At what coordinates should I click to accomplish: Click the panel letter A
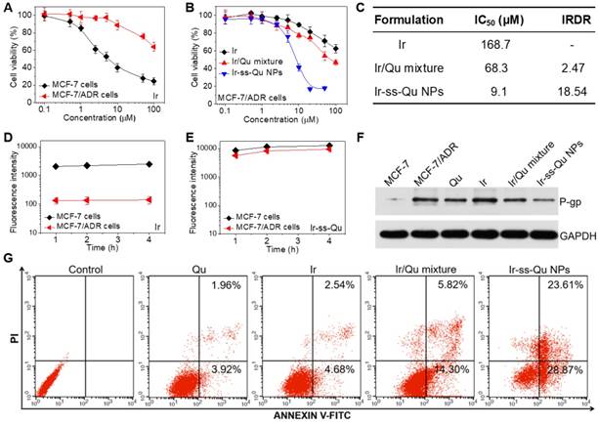coord(9,9)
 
